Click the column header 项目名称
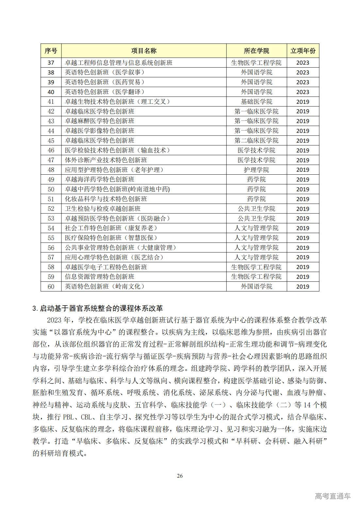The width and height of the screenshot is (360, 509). point(144,51)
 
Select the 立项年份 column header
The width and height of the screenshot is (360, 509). point(303,51)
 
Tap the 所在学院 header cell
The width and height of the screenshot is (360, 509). point(256,51)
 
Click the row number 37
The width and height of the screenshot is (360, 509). point(51,63)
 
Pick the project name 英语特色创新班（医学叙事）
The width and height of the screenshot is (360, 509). point(105,72)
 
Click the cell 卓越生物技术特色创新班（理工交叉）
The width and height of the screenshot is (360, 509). point(118,102)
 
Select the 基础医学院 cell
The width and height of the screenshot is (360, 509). point(256,102)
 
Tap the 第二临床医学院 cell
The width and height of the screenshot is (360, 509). point(256,140)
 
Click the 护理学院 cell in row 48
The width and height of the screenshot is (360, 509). point(256,170)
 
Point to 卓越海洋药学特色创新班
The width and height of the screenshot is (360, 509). point(100,180)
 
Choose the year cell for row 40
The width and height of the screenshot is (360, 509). point(303,92)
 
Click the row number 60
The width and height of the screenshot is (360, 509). point(51,287)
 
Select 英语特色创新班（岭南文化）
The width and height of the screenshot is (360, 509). point(105,287)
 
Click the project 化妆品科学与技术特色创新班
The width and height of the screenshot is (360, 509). point(106,199)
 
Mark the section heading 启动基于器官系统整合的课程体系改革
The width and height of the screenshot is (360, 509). point(101,308)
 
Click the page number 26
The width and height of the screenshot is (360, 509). point(180,476)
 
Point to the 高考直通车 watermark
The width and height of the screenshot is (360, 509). point(333,496)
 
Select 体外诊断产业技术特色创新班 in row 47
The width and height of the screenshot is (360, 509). point(106,160)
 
